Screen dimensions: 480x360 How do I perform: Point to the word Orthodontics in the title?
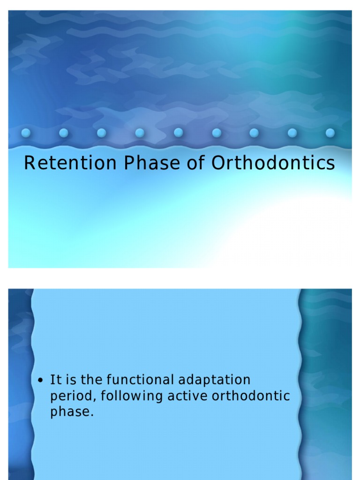(x=273, y=164)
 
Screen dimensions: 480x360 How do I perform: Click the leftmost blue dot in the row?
(x=26, y=133)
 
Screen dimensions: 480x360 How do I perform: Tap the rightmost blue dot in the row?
(x=330, y=133)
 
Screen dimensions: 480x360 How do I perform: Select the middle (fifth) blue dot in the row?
(x=178, y=133)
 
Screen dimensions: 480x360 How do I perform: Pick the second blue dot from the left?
(x=64, y=133)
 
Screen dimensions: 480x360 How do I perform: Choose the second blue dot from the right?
(x=292, y=133)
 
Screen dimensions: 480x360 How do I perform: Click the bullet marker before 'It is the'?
(x=41, y=380)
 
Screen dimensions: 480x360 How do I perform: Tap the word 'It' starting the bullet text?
(x=54, y=379)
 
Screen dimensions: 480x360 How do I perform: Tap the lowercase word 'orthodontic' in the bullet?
(x=251, y=396)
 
